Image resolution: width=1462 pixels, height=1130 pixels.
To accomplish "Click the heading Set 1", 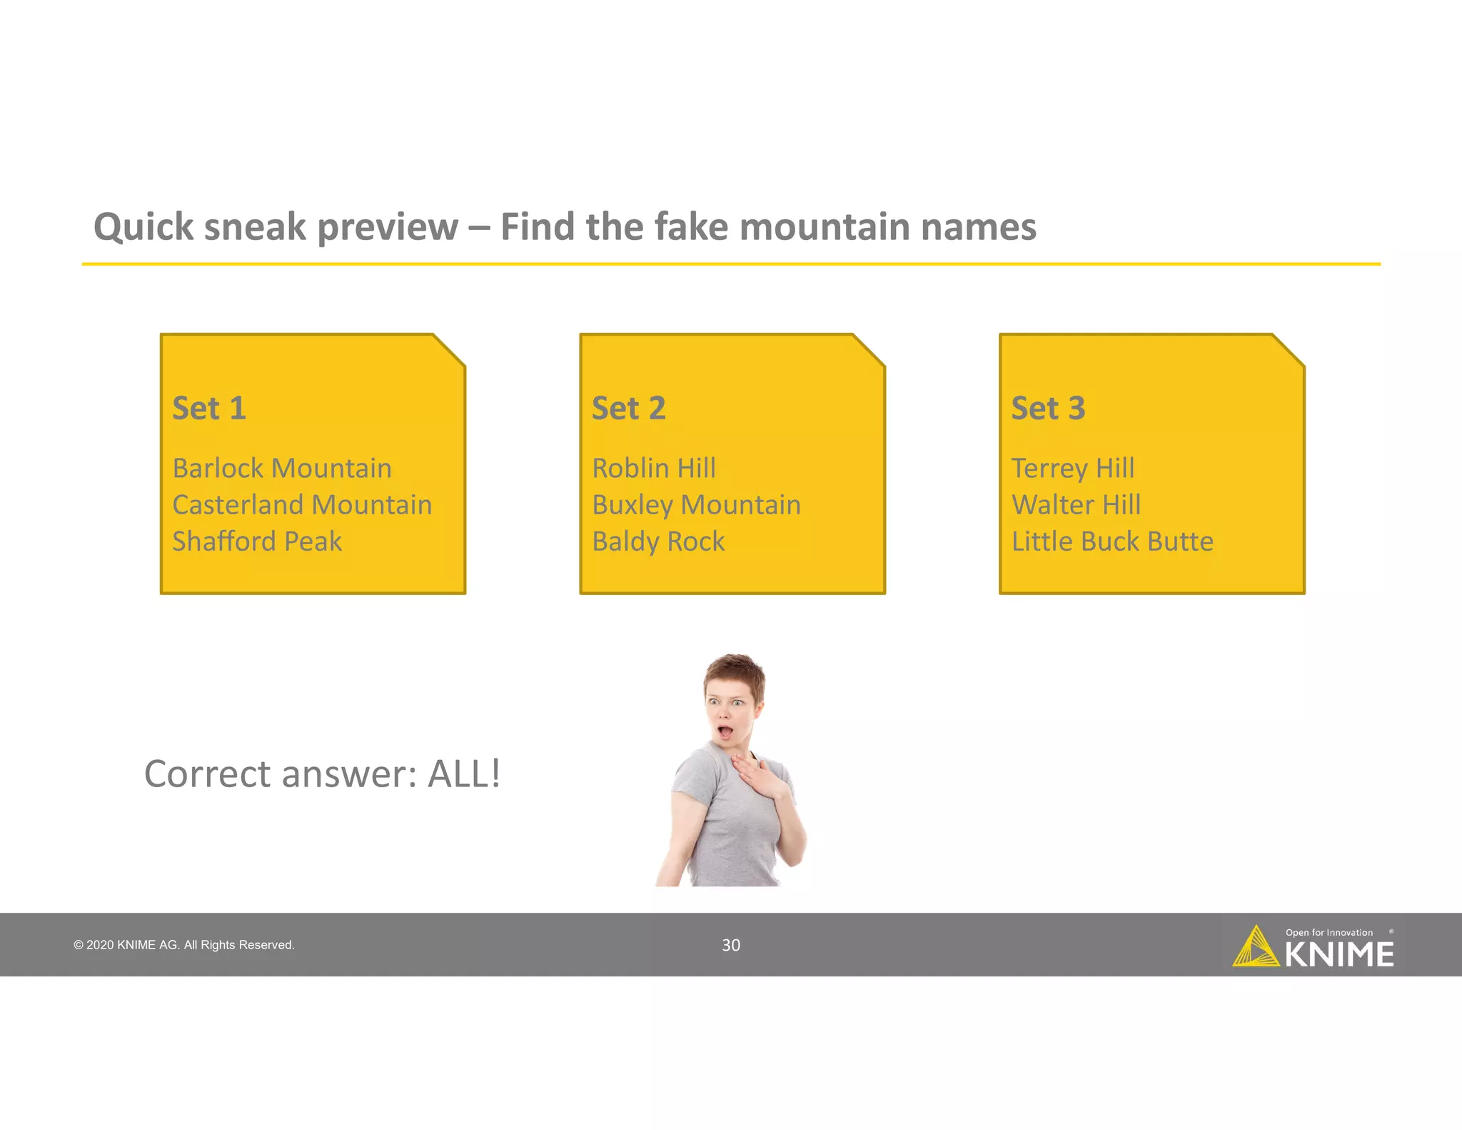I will click(209, 409).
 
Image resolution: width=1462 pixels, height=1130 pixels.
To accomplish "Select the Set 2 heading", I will click(628, 409).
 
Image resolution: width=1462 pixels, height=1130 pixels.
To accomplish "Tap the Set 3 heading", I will click(1048, 409).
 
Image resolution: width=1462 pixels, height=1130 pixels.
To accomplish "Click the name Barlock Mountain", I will click(282, 469).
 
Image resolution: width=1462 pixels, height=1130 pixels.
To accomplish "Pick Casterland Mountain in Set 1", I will click(302, 505).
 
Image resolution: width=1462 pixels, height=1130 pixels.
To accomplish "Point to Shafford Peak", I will click(257, 541).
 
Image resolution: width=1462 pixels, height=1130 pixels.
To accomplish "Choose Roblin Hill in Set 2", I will click(654, 469).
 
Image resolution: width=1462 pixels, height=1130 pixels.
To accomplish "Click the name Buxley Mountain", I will click(696, 505).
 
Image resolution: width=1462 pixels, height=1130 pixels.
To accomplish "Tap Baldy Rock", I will click(658, 541).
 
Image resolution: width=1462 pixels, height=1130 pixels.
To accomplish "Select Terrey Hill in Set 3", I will click(1073, 469).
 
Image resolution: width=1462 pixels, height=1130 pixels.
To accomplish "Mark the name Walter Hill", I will click(1076, 505).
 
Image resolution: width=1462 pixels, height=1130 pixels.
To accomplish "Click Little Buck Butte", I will click(1112, 541).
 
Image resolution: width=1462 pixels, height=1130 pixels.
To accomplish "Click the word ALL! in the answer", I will click(464, 774).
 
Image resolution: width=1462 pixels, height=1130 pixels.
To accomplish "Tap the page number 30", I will click(731, 945).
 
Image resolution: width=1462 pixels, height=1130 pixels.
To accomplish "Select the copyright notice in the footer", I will click(184, 945).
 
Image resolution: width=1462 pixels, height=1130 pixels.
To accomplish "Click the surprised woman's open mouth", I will click(725, 732).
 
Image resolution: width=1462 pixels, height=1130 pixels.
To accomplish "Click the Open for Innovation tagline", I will click(1329, 932).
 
